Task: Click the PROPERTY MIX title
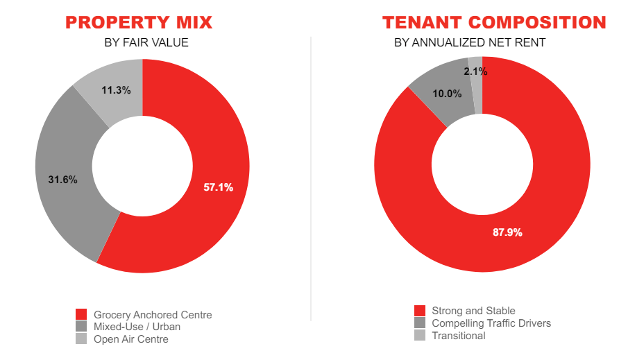[x=139, y=22]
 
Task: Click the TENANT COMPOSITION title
[x=494, y=22]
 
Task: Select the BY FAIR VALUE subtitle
[x=146, y=43]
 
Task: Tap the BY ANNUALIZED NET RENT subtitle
[x=470, y=43]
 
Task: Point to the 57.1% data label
[x=218, y=187]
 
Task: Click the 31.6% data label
[x=62, y=180]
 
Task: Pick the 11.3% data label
[x=116, y=89]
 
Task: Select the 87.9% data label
[x=507, y=232]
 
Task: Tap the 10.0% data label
[x=447, y=94]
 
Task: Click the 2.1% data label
[x=476, y=71]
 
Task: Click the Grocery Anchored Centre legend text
[x=153, y=315]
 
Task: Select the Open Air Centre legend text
[x=131, y=339]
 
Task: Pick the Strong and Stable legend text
[x=473, y=311]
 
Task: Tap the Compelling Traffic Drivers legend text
[x=491, y=323]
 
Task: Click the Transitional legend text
[x=459, y=336]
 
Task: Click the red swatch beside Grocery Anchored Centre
[x=81, y=315]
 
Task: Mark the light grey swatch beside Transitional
[x=419, y=336]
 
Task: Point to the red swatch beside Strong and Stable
[x=419, y=311]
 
